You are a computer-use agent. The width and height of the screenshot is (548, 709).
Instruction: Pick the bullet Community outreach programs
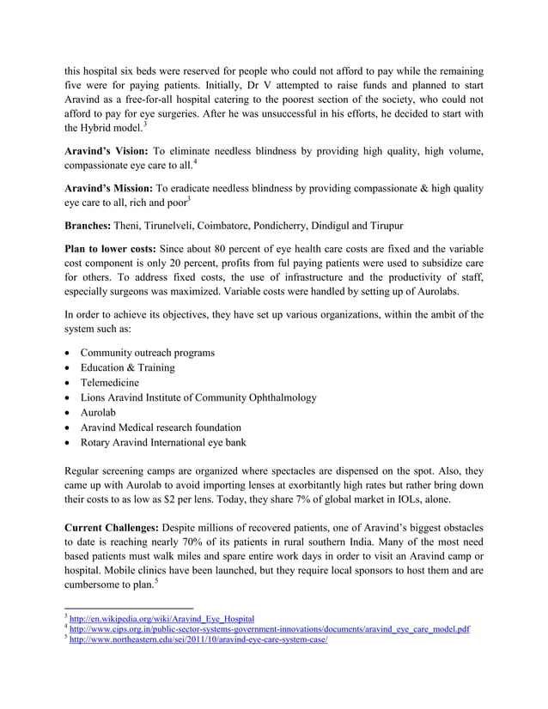pos(148,353)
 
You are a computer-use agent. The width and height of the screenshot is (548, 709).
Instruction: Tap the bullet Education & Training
pos(127,367)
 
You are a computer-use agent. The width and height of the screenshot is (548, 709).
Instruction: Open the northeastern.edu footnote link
pos(200,640)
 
